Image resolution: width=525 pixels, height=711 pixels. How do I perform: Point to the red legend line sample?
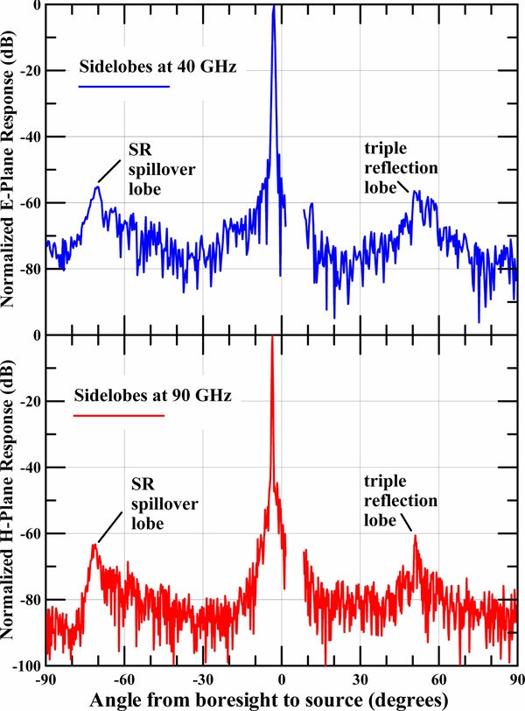118,416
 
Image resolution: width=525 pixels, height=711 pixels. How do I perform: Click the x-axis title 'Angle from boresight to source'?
262,699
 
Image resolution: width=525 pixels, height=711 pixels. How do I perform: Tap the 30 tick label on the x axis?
360,678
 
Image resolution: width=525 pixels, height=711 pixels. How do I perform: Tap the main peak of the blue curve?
273,7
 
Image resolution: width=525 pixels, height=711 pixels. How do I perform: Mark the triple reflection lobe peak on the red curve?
415,536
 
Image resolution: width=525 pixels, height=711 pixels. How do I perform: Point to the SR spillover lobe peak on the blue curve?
98,187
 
